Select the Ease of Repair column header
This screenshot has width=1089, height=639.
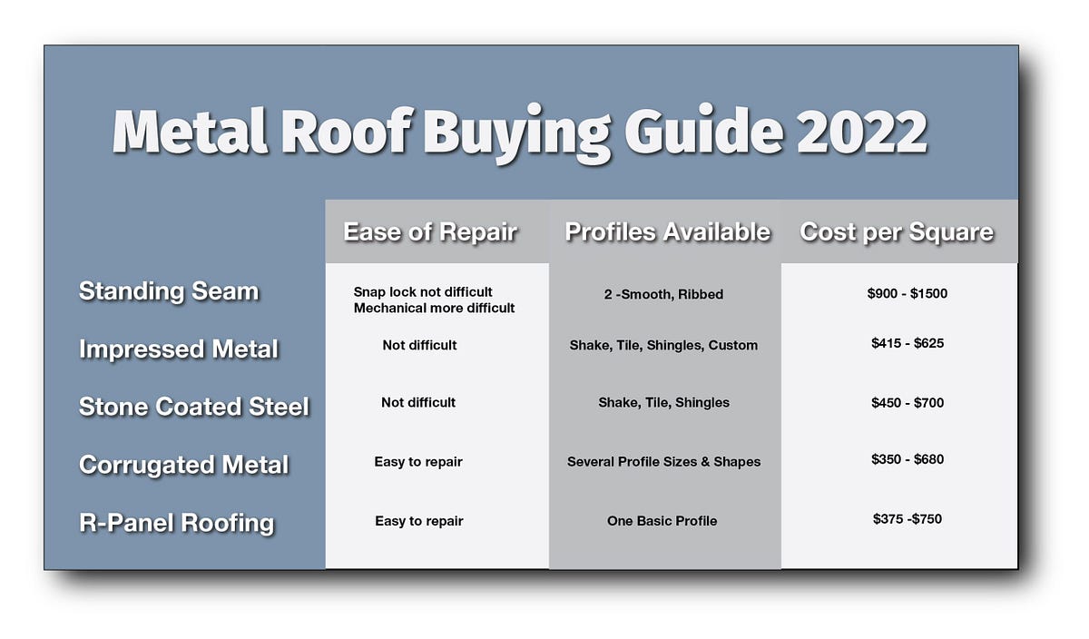[430, 232]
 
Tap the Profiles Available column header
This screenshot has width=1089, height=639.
[667, 232]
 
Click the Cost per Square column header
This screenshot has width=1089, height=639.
[897, 232]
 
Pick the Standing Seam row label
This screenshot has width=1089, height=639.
[169, 291]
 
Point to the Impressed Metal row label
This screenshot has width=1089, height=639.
[179, 349]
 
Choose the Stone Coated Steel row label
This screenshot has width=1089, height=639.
[194, 407]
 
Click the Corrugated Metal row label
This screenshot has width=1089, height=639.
[184, 465]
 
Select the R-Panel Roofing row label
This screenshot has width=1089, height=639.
[176, 523]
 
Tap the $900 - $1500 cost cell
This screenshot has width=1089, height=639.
[907, 293]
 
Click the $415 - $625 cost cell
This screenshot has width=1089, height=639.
[907, 343]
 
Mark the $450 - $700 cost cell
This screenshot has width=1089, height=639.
[907, 401]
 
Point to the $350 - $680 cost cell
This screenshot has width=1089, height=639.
[907, 459]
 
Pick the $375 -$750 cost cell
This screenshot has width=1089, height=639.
[907, 518]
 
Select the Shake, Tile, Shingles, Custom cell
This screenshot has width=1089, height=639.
[663, 345]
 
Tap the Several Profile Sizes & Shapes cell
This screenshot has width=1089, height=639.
[663, 461]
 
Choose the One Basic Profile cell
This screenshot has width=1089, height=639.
[662, 520]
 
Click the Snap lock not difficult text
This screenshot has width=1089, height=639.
[423, 292]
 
